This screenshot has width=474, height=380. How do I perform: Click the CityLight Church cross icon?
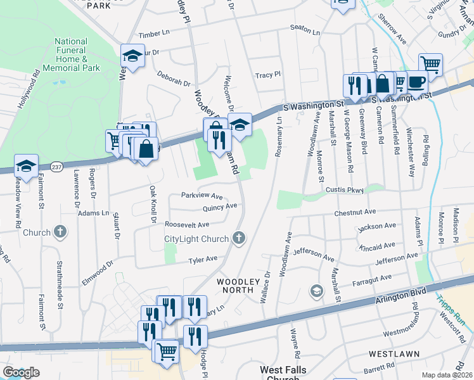(239, 238)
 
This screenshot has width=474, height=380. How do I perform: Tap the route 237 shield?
(56, 164)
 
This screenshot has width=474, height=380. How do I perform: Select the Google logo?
(21, 372)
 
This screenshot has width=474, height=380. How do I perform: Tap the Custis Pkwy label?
(345, 189)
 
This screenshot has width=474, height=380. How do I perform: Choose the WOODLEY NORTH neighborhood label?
(239, 286)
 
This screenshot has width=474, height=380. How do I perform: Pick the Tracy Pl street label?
(268, 75)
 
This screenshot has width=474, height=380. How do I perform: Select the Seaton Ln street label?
(305, 28)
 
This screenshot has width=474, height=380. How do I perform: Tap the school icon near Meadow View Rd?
(26, 166)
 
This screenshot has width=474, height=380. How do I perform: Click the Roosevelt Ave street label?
(187, 225)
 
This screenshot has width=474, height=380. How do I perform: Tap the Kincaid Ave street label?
(378, 244)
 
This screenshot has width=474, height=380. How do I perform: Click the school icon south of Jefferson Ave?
(316, 291)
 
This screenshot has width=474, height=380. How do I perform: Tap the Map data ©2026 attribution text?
(447, 375)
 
